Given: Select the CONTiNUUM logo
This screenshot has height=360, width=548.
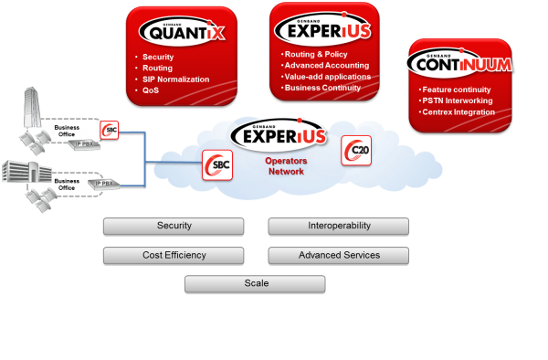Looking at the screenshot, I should coord(459,64).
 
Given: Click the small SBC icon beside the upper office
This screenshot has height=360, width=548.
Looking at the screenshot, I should coord(110,130).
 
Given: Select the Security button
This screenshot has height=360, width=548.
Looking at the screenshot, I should coord(174,226).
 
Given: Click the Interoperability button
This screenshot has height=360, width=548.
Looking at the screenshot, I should coord(338,226).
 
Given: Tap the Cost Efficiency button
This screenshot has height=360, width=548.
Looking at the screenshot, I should coord(174,255).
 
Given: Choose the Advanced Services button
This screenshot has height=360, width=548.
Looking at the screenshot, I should coord(338,255).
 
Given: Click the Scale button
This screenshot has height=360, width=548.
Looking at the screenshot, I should coord(256,284).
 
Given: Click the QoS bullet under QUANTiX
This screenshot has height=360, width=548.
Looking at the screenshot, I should coord(151,90).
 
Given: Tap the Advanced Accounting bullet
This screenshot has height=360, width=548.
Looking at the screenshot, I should coord(325,66).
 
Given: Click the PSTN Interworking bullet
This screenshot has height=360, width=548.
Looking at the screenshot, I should coord(457,101).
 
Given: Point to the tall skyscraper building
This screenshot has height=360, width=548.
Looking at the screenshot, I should coord(30,114).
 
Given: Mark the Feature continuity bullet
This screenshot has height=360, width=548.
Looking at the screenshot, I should coord(456,90).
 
